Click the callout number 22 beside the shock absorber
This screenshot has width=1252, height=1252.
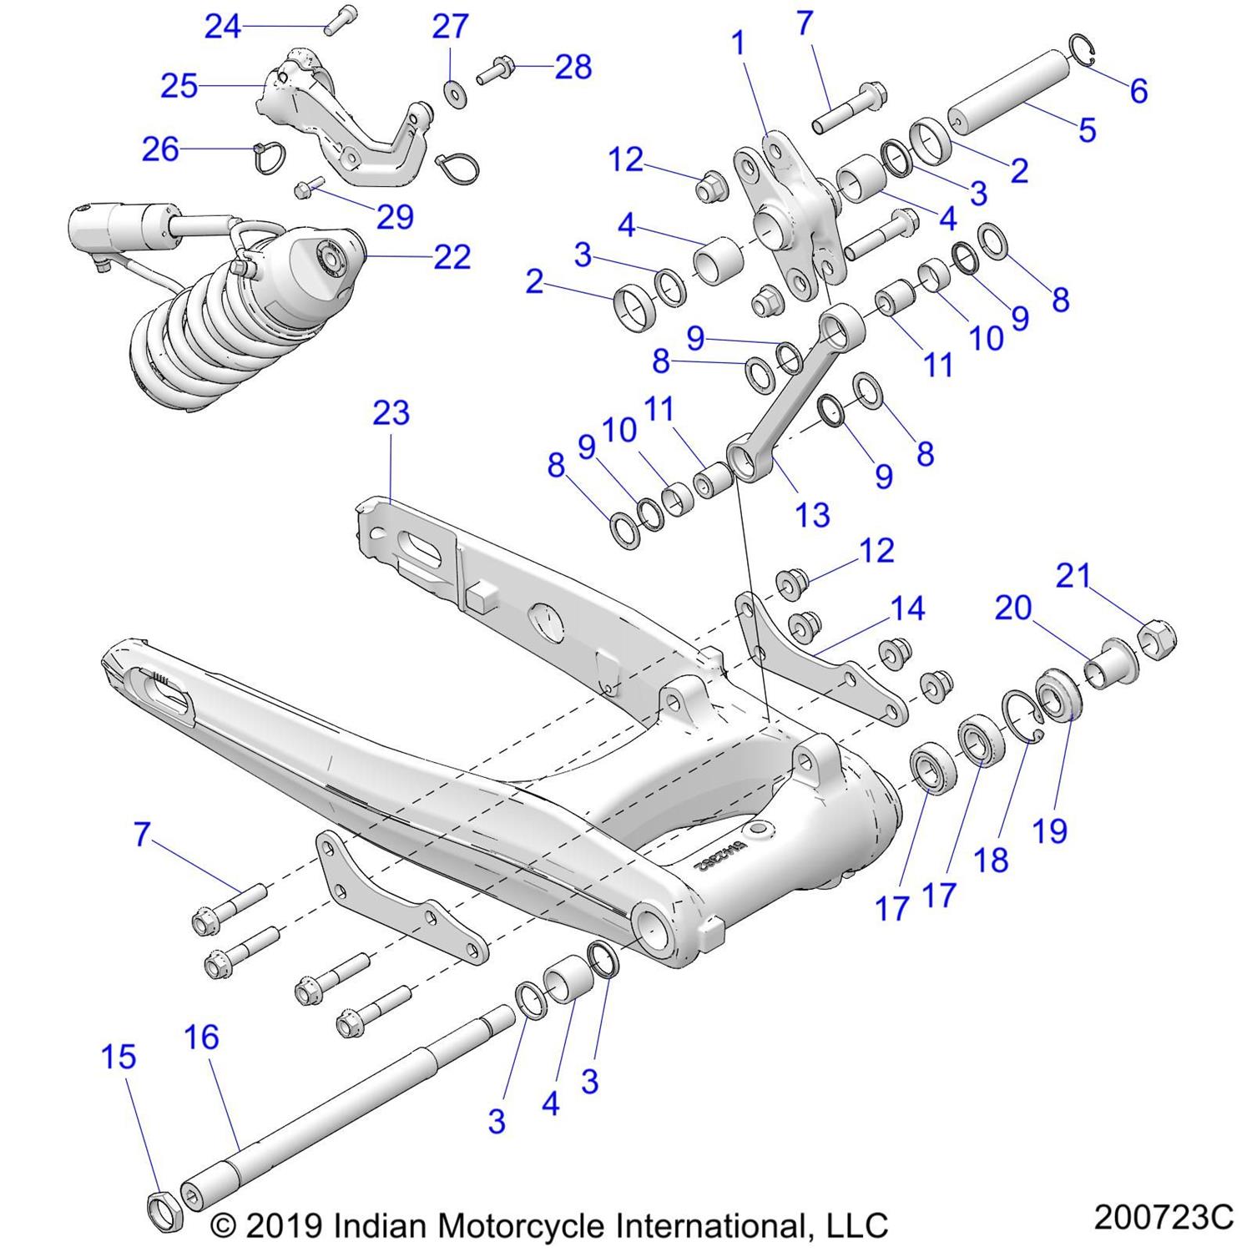coord(452,256)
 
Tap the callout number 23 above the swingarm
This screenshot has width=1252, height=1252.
coord(391,413)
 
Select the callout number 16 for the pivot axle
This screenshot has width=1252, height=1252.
coord(201,1037)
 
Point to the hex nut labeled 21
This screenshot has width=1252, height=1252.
coord(1157,641)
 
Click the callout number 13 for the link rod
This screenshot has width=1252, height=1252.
coord(812,515)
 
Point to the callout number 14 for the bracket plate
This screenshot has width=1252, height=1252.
coord(907,608)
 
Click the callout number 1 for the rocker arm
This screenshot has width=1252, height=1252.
coord(738,43)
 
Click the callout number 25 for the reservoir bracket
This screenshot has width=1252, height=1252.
coord(179,86)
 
